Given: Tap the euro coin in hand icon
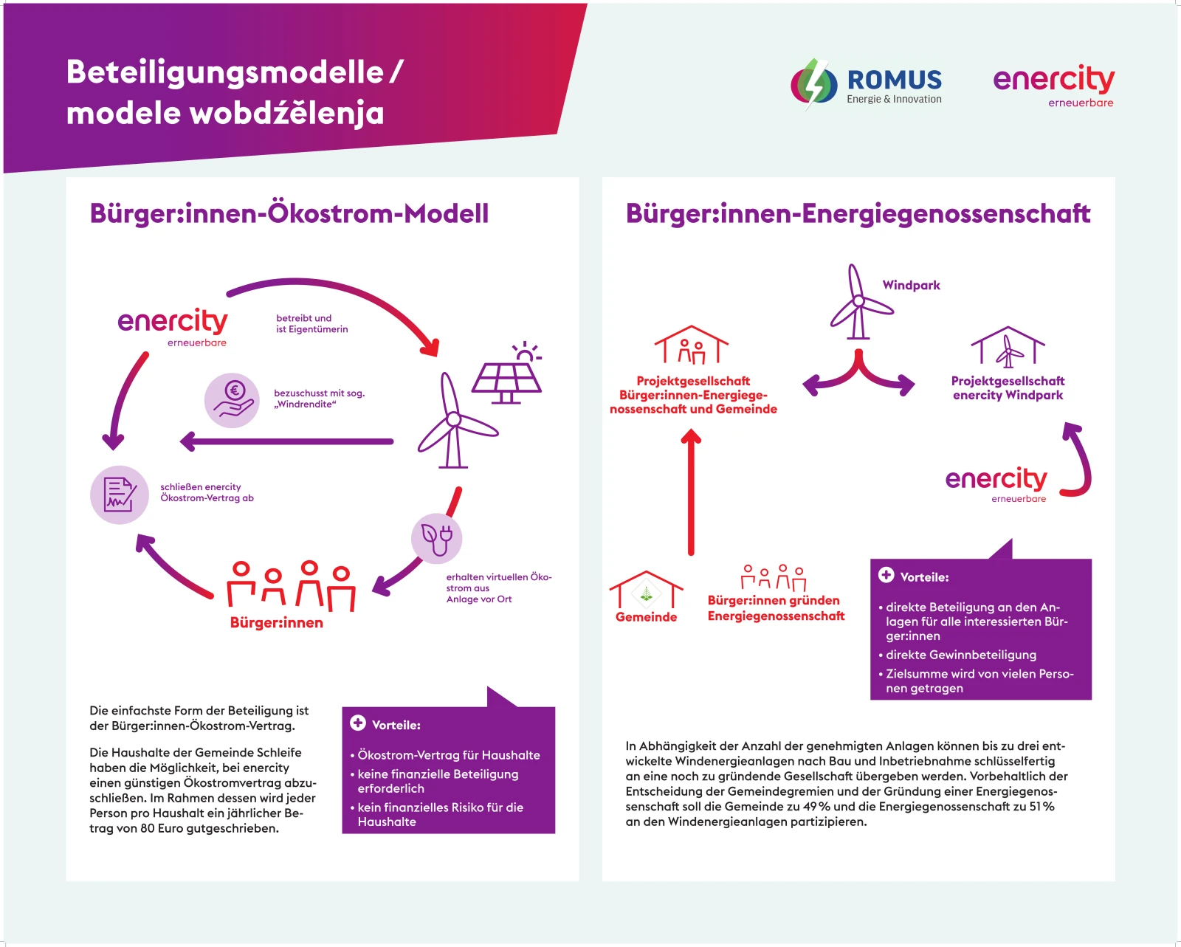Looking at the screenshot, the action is pyautogui.click(x=232, y=400).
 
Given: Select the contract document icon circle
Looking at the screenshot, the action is pyautogui.click(x=120, y=495).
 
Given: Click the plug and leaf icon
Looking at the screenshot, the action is pyautogui.click(x=437, y=538).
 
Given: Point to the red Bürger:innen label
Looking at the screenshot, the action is pyautogui.click(x=277, y=622).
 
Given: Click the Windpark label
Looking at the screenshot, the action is pyautogui.click(x=911, y=285).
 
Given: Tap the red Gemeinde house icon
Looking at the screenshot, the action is pyautogui.click(x=646, y=589).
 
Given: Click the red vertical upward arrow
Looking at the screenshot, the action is pyautogui.click(x=691, y=492).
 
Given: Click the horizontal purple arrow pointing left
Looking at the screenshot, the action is pyautogui.click(x=286, y=441).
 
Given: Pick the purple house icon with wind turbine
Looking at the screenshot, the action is pyautogui.click(x=1008, y=347).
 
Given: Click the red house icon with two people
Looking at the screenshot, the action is pyautogui.click(x=692, y=345).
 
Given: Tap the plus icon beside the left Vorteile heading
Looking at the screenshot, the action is pyautogui.click(x=358, y=723).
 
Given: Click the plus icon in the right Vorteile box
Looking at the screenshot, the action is pyautogui.click(x=886, y=575).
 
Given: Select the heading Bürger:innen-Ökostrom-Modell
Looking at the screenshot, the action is pyautogui.click(x=289, y=213).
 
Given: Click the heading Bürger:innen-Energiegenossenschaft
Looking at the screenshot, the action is pyautogui.click(x=858, y=213).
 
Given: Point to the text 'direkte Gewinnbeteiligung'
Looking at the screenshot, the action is pyautogui.click(x=961, y=655).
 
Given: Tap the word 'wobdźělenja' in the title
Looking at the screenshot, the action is pyautogui.click(x=287, y=114).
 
